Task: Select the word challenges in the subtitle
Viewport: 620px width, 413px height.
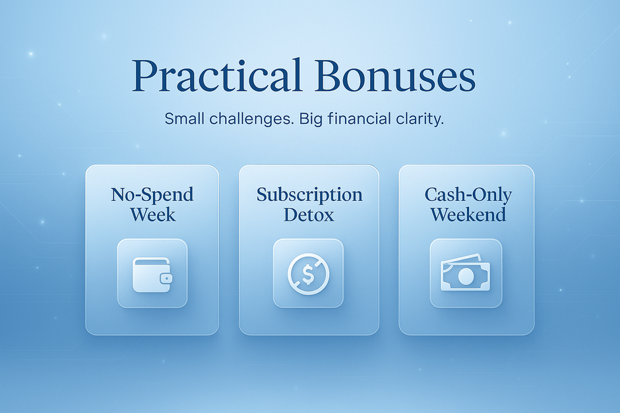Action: tap(249, 120)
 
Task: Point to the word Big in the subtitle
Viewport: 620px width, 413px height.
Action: tap(311, 120)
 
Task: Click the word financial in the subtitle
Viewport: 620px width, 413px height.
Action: tap(361, 119)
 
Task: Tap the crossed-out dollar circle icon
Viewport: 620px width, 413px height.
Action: tap(308, 273)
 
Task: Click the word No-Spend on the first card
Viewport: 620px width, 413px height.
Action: tap(152, 195)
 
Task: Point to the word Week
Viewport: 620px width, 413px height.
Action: tap(152, 214)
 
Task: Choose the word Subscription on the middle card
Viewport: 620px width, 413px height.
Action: tap(309, 195)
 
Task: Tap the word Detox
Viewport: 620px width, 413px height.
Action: tap(309, 214)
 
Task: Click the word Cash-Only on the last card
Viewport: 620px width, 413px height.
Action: tap(468, 195)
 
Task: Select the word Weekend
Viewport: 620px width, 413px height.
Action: tap(468, 214)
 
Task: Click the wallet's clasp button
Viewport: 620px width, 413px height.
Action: tap(166, 278)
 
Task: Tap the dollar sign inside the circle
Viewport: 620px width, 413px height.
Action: tap(308, 273)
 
